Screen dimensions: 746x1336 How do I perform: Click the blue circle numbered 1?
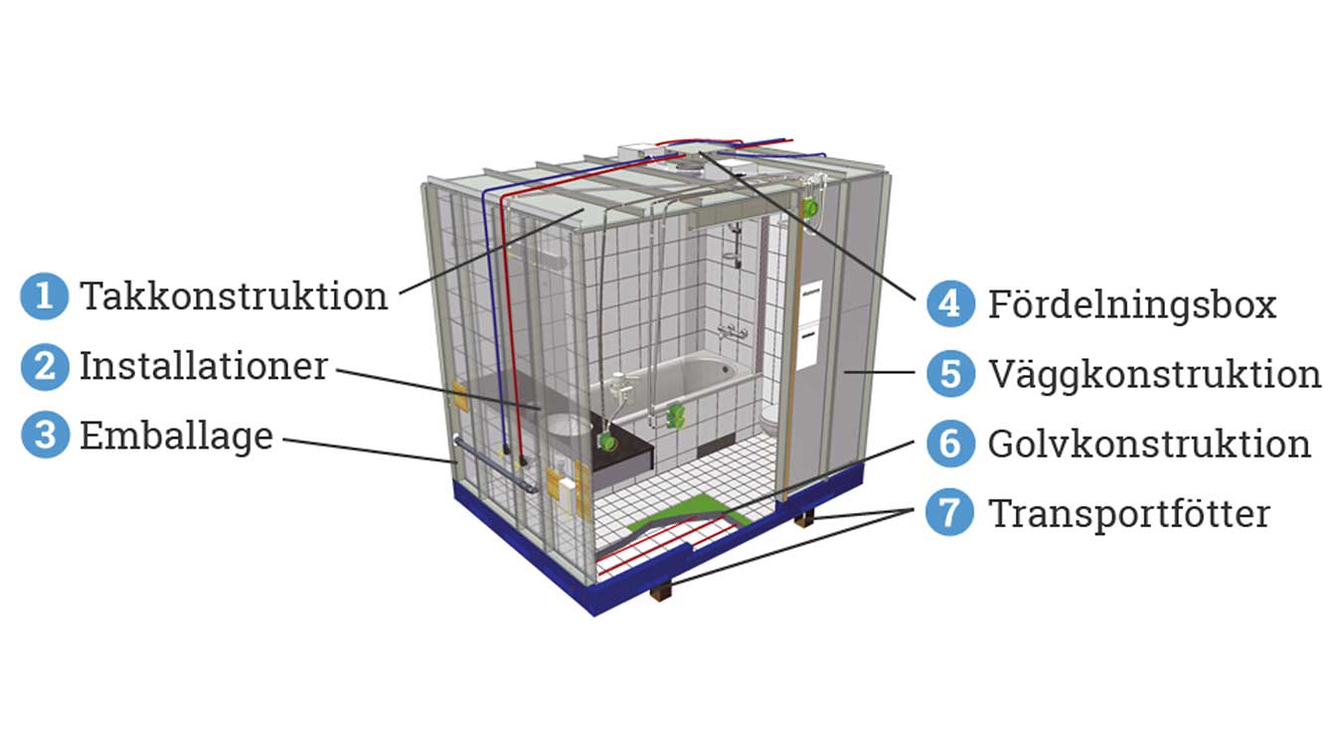[44, 296]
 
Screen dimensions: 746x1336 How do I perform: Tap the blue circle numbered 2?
[44, 367]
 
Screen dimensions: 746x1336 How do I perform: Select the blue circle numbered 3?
[44, 436]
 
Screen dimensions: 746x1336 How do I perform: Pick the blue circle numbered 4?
[950, 303]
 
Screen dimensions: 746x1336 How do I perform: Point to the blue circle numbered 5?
[950, 374]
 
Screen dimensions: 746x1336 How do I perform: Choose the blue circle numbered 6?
[950, 444]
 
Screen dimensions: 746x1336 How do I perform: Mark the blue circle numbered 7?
[950, 513]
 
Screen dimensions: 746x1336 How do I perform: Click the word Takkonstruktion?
[234, 296]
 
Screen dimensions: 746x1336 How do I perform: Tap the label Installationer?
[204, 366]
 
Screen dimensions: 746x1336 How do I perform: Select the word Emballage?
[176, 436]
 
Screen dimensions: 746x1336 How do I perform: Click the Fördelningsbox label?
[1131, 303]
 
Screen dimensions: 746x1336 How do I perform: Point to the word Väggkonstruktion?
[1154, 374]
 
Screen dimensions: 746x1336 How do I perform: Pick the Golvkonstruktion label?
[1149, 444]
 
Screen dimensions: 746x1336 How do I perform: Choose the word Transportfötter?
[1128, 513]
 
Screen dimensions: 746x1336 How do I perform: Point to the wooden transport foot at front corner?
[661, 591]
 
